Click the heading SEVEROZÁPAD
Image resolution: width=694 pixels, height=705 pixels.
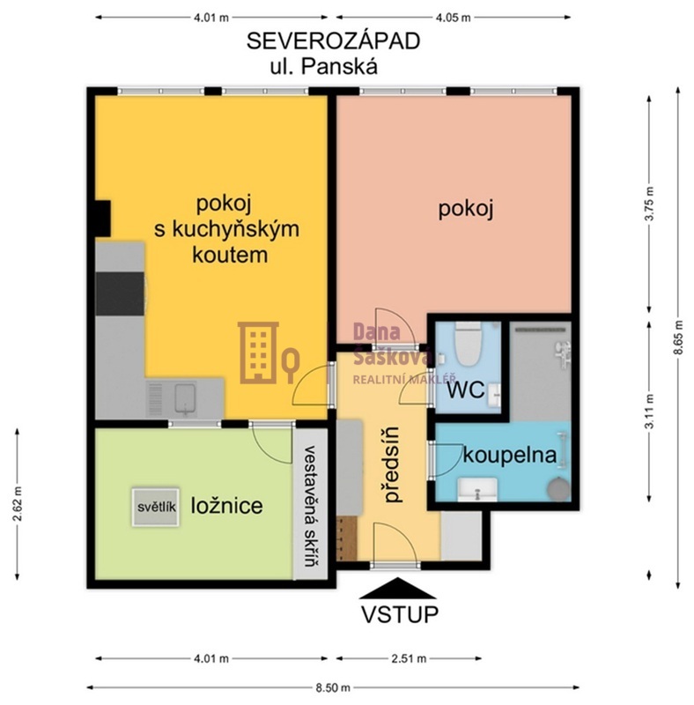(333, 40)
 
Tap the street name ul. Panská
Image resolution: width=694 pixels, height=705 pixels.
(323, 67)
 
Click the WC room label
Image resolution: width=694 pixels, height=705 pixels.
(466, 390)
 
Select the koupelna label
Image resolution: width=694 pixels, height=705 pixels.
(510, 455)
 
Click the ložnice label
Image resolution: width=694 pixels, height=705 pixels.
(227, 506)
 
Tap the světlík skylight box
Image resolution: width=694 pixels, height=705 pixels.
(156, 507)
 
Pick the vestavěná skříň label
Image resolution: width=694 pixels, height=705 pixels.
(310, 505)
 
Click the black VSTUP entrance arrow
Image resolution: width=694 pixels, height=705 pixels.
(398, 588)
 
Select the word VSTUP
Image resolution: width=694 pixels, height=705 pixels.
(400, 614)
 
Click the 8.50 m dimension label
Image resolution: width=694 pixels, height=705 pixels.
(333, 687)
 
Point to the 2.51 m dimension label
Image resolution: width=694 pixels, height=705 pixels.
(409, 658)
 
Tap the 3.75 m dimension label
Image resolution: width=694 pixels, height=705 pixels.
(649, 204)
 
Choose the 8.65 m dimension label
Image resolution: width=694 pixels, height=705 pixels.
(678, 338)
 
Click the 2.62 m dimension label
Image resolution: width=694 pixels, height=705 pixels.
(18, 503)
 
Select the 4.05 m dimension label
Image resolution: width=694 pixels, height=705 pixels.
(453, 18)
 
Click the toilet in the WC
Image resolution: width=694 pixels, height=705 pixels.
(468, 344)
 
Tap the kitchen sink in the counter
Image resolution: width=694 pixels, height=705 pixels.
(185, 398)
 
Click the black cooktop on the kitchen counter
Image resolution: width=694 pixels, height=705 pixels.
(121, 293)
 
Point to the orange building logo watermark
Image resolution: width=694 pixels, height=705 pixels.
(269, 353)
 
